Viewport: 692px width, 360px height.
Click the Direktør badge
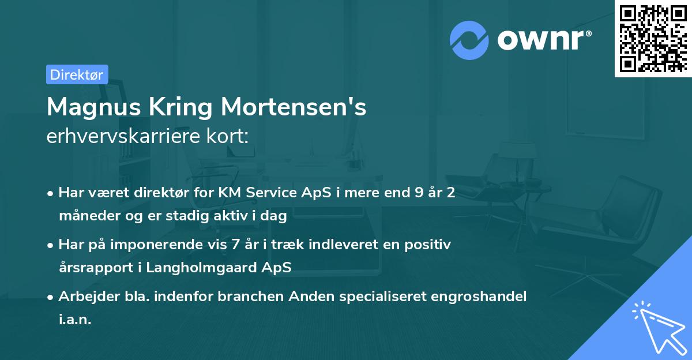coord(77,74)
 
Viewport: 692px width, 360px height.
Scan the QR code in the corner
coord(653,39)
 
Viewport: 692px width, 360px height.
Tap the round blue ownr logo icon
coord(469,40)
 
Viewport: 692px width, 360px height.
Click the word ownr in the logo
coord(544,40)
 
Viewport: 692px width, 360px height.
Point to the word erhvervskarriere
coord(118,136)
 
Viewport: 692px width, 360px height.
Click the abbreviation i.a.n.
coord(75,320)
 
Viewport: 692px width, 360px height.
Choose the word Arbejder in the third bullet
coord(84,296)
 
